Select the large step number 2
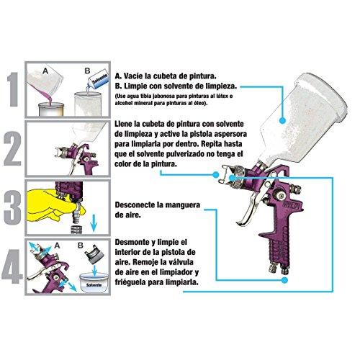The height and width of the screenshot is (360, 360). pos(12,149)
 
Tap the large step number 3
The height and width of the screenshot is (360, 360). pos(12,205)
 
